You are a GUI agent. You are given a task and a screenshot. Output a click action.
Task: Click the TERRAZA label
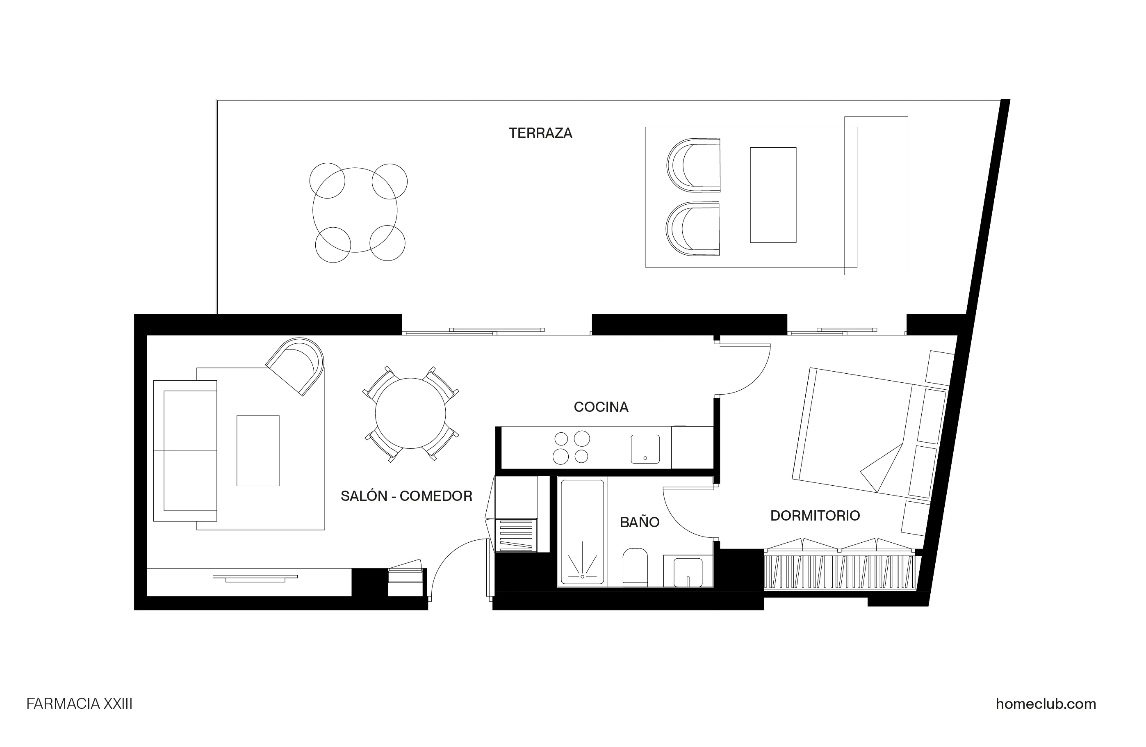(x=540, y=133)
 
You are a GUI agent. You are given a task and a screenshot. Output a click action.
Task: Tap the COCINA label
(x=601, y=407)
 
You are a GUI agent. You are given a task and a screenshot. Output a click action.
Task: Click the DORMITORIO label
(x=815, y=515)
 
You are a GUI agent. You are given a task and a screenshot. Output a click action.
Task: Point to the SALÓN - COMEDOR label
(x=406, y=496)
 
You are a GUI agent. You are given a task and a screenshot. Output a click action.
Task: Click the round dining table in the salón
(x=410, y=413)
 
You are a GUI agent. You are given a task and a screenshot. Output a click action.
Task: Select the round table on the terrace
(x=355, y=210)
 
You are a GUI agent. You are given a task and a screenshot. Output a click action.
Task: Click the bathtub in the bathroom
(x=582, y=531)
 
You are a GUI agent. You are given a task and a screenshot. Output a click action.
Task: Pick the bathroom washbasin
(x=688, y=572)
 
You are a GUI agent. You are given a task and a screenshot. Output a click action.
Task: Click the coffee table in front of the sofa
(x=257, y=450)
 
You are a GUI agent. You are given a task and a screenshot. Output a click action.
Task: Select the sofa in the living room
(x=185, y=450)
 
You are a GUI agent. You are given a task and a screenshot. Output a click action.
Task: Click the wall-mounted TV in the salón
(x=255, y=576)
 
